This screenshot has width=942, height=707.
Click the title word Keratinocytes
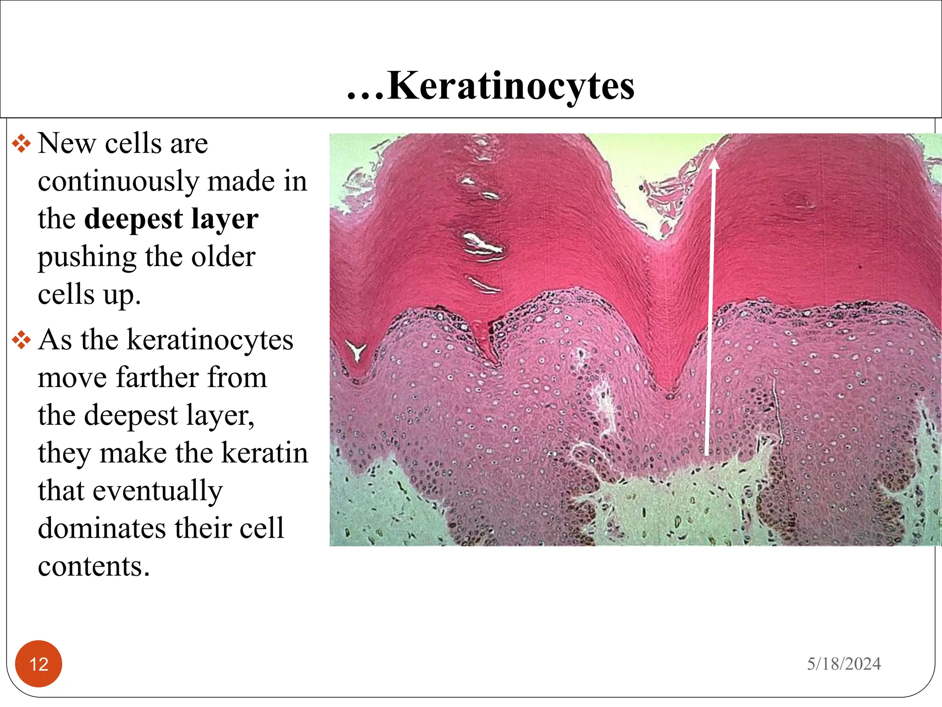pos(511,87)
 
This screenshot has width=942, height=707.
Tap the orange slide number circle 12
pos(39,664)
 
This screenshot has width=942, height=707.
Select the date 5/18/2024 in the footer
pos(844,664)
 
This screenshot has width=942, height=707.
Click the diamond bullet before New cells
pos(21,144)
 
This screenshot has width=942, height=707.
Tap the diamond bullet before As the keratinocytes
pos(21,341)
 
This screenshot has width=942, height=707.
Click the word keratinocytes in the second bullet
pos(210,341)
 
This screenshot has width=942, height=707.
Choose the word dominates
pos(102,528)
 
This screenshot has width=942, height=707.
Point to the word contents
pos(94,566)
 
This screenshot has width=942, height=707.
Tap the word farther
pos(157,378)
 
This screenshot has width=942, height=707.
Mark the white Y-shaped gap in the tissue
pos(356,351)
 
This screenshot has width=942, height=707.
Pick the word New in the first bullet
pos(67,144)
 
